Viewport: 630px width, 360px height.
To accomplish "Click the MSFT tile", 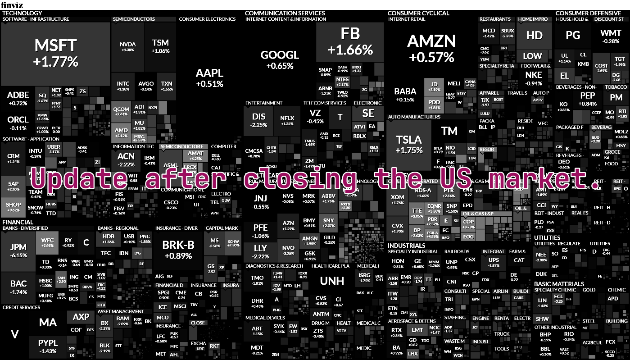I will tap(56, 53).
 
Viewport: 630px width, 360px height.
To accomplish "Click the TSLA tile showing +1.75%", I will tap(409, 144).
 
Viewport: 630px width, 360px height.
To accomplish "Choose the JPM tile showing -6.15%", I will tap(18, 251).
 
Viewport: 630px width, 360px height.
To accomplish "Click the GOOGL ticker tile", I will tap(280, 59).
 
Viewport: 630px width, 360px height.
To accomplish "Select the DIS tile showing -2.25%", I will tap(259, 119).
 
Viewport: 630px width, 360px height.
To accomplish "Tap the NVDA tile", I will tap(127, 46).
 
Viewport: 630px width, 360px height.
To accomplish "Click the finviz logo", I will tap(9, 5).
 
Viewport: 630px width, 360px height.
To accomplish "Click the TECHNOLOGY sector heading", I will tap(22, 13).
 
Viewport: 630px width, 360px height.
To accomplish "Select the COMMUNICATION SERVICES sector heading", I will tap(285, 13).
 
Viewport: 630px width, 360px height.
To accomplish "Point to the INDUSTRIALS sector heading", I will tap(406, 246).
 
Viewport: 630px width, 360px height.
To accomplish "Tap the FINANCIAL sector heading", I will tap(18, 222).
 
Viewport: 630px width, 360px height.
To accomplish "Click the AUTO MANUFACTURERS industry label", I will tap(414, 117).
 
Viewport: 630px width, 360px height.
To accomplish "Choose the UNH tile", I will tap(332, 281).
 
